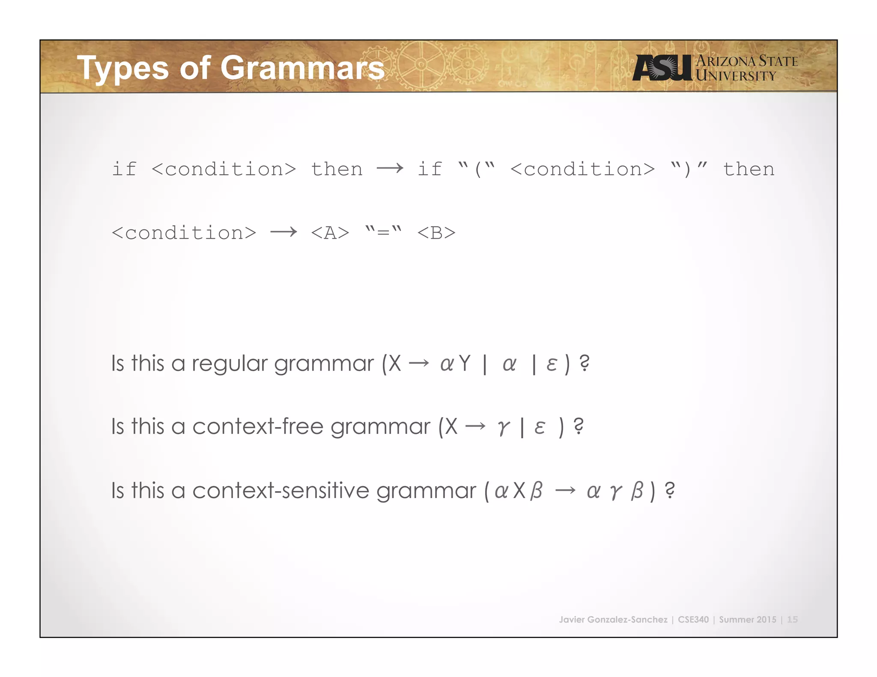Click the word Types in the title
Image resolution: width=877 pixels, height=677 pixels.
point(123,68)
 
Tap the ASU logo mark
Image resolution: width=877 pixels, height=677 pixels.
point(662,68)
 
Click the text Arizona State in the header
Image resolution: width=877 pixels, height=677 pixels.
point(747,61)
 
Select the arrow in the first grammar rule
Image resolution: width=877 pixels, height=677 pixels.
point(390,169)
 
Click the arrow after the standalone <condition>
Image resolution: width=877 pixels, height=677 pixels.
point(283,232)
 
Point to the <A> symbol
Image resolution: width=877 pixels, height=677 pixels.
point(330,233)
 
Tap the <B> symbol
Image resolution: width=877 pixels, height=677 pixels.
point(436,233)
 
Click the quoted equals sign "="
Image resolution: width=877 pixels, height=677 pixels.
point(383,232)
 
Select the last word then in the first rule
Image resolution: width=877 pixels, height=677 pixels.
point(749,169)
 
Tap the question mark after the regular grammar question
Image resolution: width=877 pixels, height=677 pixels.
point(584,363)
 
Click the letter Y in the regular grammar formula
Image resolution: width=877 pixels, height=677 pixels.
point(464,364)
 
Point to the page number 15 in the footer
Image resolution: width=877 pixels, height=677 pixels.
point(792,619)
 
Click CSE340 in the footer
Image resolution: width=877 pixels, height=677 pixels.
point(693,619)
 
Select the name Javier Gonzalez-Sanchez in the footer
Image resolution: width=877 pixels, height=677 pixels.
point(613,619)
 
